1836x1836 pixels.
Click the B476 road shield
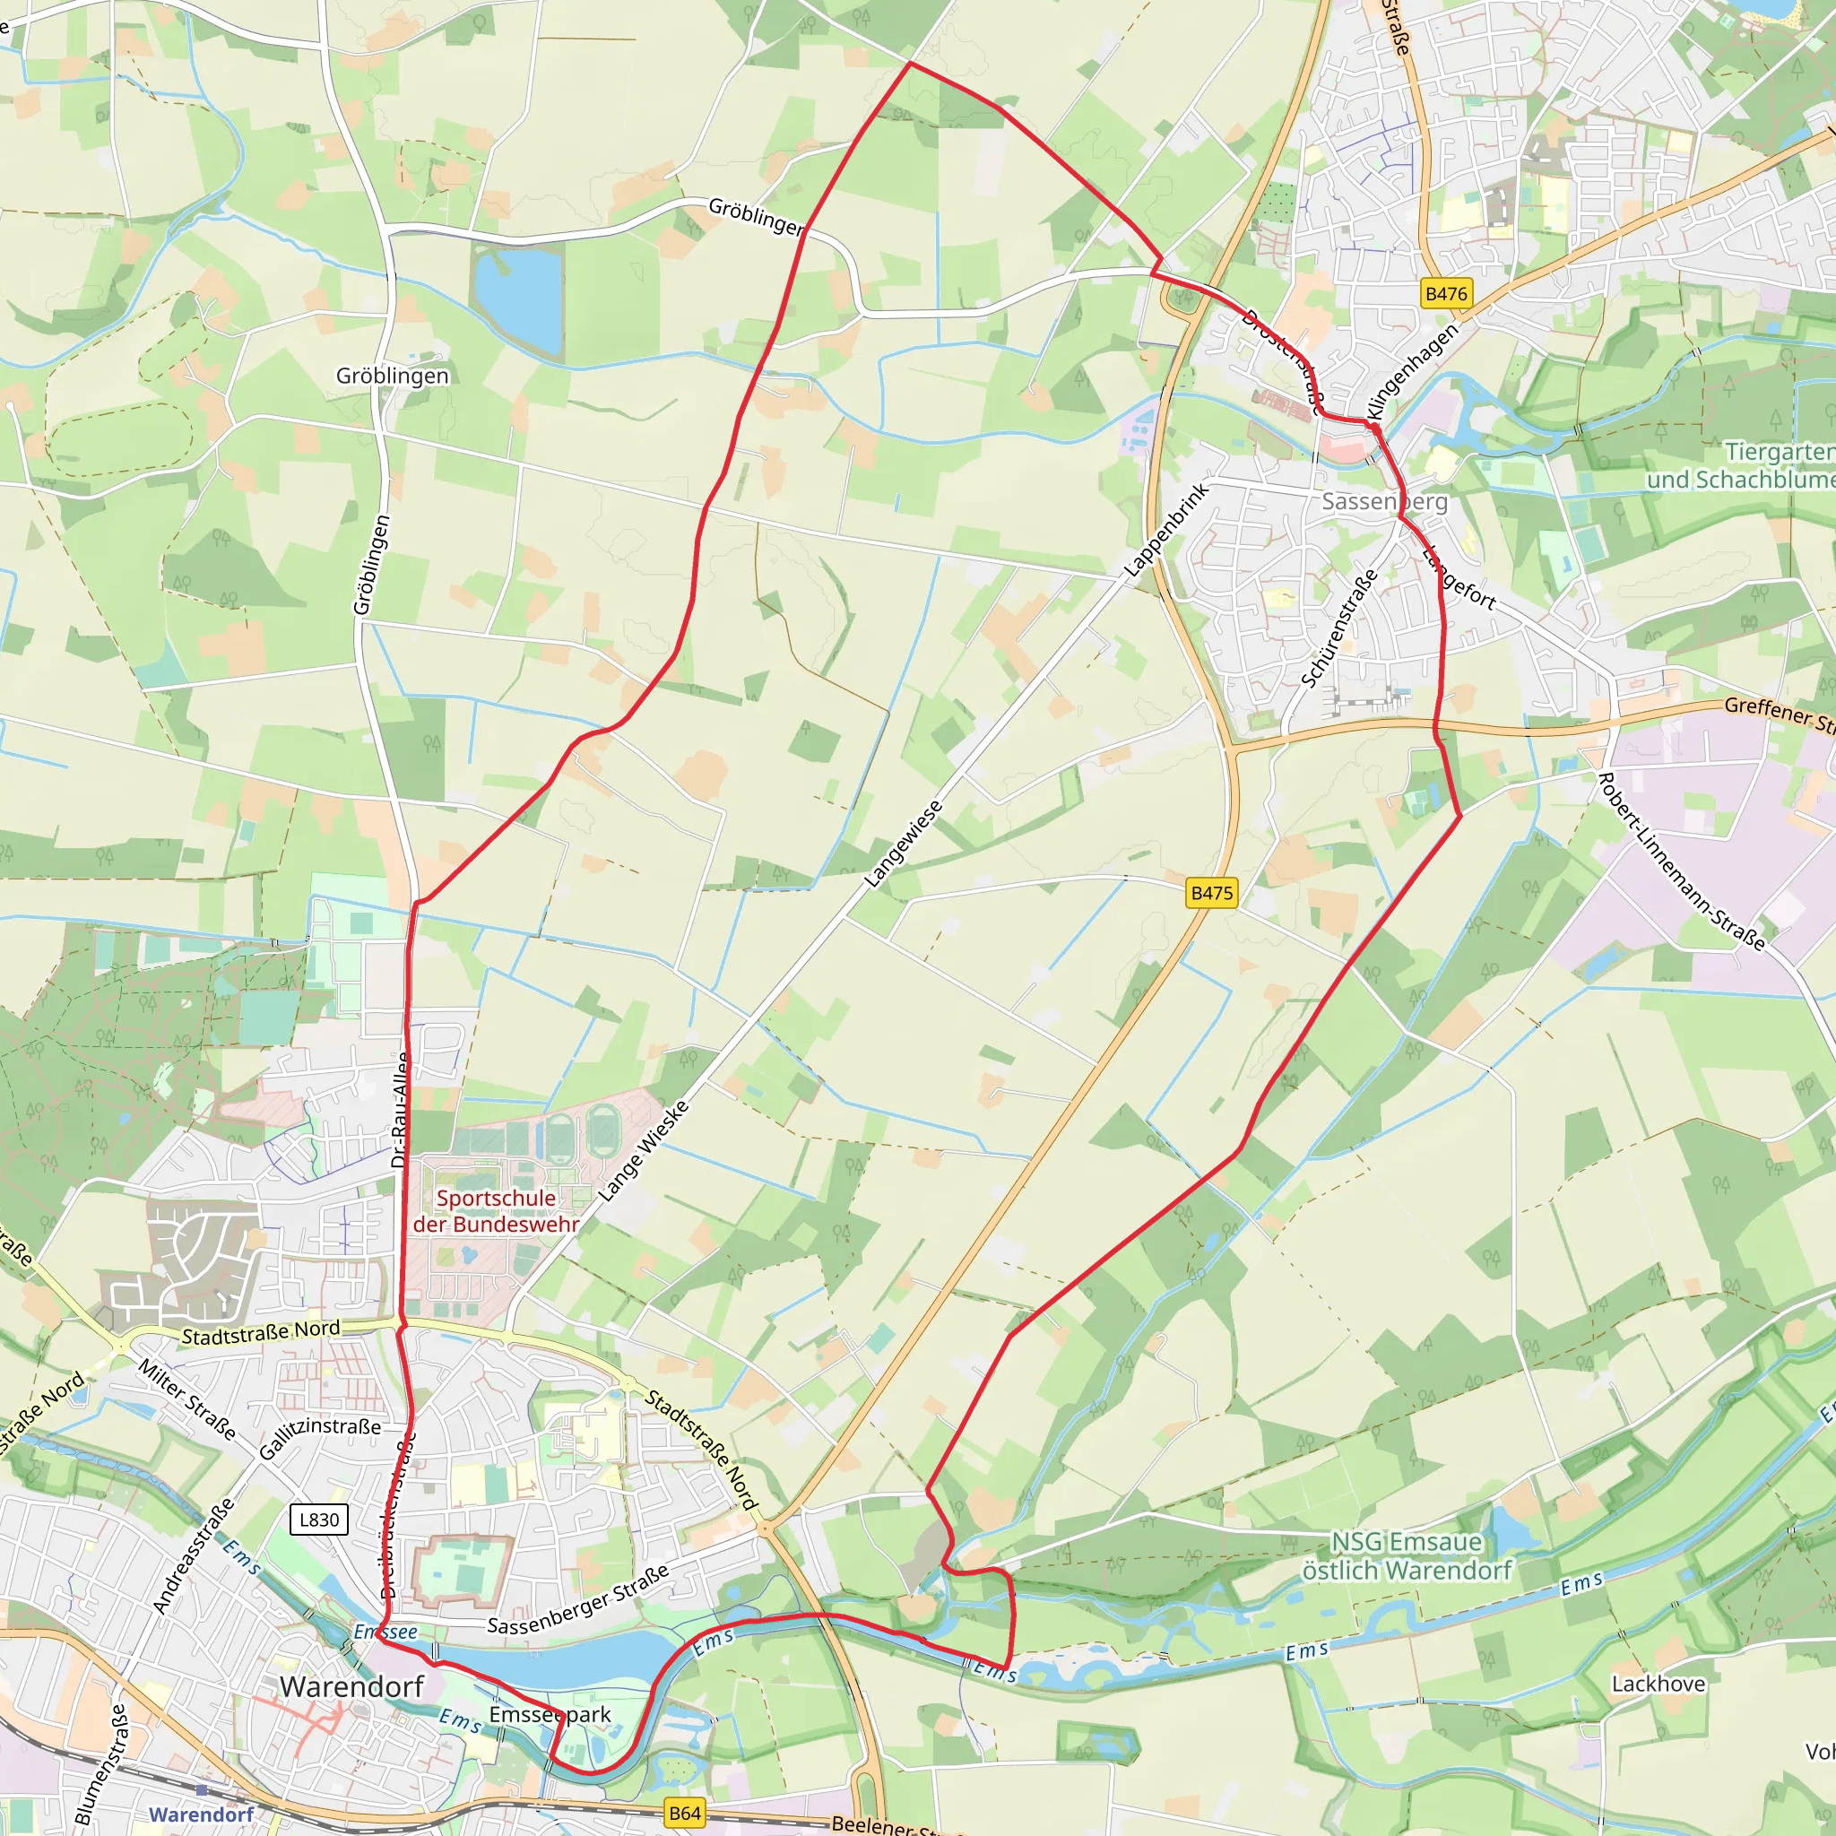pyautogui.click(x=1445, y=294)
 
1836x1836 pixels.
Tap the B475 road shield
pyautogui.click(x=1212, y=892)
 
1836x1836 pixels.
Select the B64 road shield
pyautogui.click(x=684, y=1812)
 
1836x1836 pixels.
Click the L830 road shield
pyautogui.click(x=318, y=1519)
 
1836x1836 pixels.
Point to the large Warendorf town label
pyautogui.click(x=351, y=1687)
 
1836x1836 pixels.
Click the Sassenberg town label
pyautogui.click(x=1383, y=501)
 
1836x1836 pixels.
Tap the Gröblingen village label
pyautogui.click(x=392, y=376)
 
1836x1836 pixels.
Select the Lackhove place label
pyautogui.click(x=1658, y=1683)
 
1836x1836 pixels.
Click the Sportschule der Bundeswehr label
pyautogui.click(x=495, y=1210)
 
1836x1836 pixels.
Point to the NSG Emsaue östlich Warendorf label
pyautogui.click(x=1407, y=1555)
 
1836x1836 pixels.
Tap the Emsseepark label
pyautogui.click(x=550, y=1714)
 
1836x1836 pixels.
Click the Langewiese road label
pyautogui.click(x=903, y=844)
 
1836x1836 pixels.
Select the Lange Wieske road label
pyautogui.click(x=644, y=1150)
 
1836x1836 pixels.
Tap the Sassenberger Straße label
pyautogui.click(x=578, y=1599)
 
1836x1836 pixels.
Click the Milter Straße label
pyautogui.click(x=186, y=1399)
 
